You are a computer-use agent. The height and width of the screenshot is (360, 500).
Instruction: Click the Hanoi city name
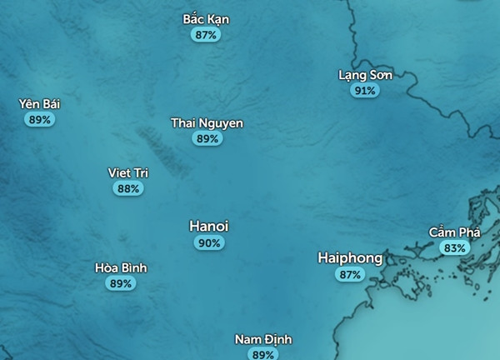(x=209, y=226)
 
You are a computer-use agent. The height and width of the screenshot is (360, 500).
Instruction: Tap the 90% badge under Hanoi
(x=209, y=243)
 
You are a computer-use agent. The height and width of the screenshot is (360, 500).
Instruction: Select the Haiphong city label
(x=350, y=257)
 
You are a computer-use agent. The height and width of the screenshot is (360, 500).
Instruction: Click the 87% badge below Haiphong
(x=350, y=274)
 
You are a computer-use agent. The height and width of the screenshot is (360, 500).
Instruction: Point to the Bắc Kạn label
(x=206, y=19)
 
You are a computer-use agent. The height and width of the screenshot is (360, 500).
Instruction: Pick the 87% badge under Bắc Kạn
(x=206, y=35)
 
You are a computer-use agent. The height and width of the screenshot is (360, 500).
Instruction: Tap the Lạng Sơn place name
(x=365, y=74)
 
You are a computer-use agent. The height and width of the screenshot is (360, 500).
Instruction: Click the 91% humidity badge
(x=364, y=90)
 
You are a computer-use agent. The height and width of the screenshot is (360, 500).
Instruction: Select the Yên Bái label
(x=40, y=104)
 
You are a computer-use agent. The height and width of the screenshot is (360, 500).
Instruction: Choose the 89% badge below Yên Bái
(x=40, y=120)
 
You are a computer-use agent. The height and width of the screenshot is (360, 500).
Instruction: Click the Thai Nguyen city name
(x=207, y=123)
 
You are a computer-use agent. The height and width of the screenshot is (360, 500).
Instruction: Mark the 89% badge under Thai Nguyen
(x=207, y=139)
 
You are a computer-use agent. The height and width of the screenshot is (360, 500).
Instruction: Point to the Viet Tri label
(x=128, y=172)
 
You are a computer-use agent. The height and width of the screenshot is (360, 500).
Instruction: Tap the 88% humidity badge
(x=128, y=189)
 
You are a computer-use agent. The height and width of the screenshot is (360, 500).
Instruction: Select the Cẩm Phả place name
(x=454, y=232)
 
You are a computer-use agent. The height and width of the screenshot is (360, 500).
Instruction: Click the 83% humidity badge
(x=454, y=247)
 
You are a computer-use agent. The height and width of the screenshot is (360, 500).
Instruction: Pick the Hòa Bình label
(x=121, y=267)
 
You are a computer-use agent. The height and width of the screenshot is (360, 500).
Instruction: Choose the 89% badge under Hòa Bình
(x=121, y=283)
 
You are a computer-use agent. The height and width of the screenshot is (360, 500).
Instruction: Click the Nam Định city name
(x=263, y=340)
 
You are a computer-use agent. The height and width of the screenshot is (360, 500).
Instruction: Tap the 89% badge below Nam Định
(x=263, y=355)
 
